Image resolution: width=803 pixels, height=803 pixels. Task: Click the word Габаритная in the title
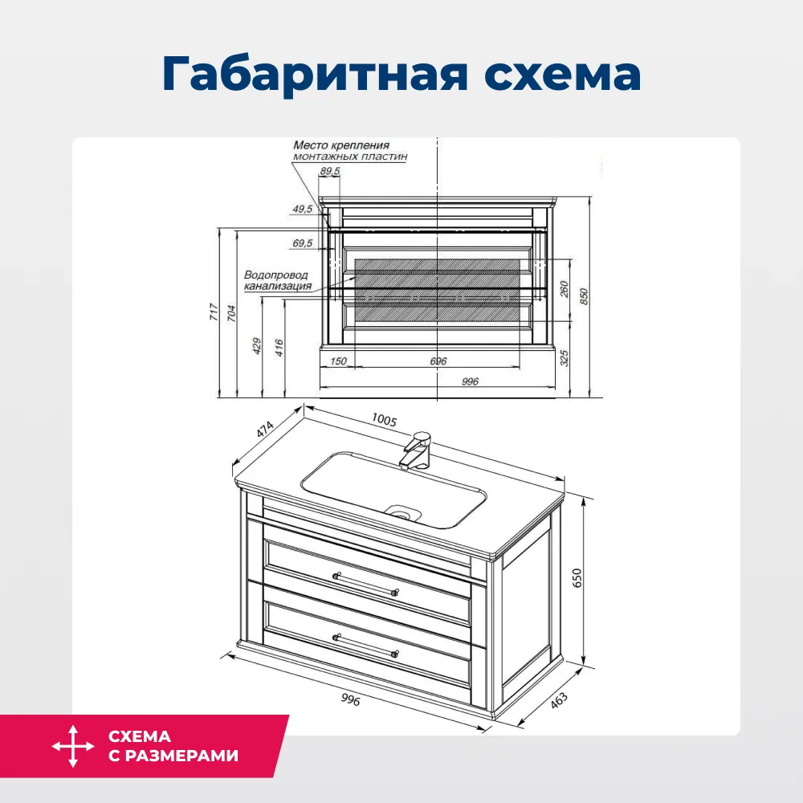tap(315, 74)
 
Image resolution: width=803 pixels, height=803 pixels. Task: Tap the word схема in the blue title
tap(563, 75)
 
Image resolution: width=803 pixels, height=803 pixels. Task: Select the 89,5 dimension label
tap(330, 171)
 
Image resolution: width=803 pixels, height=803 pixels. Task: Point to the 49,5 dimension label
tap(303, 209)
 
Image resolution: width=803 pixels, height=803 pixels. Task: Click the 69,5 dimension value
tap(303, 243)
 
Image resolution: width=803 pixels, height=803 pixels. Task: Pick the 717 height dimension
tap(214, 312)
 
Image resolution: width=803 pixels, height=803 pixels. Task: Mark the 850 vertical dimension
tap(584, 296)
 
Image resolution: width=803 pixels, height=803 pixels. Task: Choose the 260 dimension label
tap(565, 289)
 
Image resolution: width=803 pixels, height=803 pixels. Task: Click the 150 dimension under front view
tap(339, 361)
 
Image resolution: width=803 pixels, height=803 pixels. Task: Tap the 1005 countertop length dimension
tap(384, 420)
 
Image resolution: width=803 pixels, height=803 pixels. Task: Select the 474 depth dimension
tap(265, 429)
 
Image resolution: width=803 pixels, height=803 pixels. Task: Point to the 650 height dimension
tap(577, 577)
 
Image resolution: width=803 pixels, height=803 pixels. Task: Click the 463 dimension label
tap(559, 700)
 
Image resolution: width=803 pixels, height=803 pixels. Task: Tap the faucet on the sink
tap(416, 450)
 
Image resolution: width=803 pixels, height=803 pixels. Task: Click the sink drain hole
tap(402, 511)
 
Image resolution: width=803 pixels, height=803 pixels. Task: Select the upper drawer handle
tap(365, 585)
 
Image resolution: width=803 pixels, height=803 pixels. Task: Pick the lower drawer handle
tap(365, 646)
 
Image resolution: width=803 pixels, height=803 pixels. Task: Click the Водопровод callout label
tap(276, 275)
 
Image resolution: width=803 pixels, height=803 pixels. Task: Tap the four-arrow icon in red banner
tap(73, 746)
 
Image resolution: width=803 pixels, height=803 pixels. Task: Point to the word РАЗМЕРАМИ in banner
tap(181, 756)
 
